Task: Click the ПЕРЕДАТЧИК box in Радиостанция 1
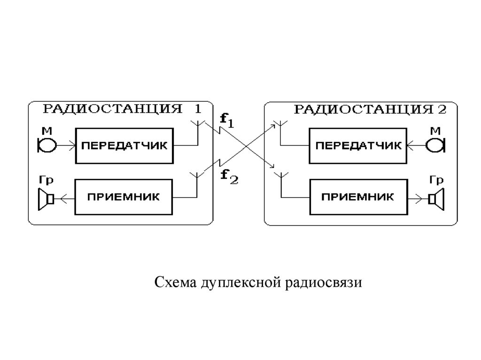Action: click(x=124, y=145)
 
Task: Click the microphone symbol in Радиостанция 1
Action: click(x=47, y=146)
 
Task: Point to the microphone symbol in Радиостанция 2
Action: click(x=436, y=146)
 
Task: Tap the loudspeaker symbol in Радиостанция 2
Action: click(x=436, y=199)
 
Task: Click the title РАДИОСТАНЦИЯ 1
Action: click(x=123, y=109)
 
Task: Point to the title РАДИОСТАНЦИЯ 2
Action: click(x=369, y=109)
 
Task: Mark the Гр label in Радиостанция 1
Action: click(x=46, y=180)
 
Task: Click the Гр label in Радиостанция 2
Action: click(x=437, y=180)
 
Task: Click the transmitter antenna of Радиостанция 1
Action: click(x=198, y=124)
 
